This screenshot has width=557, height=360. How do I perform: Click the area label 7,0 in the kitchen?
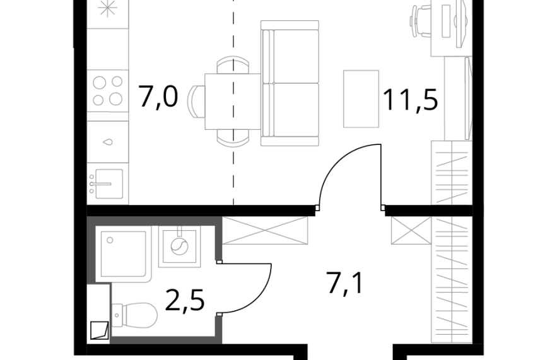[158, 96]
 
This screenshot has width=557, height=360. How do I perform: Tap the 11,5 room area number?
[410, 100]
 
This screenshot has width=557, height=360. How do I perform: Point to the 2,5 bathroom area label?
[185, 300]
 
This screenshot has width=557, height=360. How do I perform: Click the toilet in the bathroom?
[134, 315]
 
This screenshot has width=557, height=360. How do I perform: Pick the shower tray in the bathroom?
[123, 254]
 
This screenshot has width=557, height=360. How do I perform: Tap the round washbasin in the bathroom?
[179, 247]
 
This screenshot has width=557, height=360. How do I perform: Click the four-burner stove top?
[108, 91]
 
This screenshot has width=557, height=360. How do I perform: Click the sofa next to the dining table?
[290, 83]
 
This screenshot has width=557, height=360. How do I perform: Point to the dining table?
[233, 101]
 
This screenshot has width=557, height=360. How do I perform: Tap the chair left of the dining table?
[196, 102]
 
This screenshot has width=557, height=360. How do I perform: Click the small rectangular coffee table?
[361, 99]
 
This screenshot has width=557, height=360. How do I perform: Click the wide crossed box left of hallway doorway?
[265, 230]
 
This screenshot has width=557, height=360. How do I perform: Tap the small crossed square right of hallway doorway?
[411, 230]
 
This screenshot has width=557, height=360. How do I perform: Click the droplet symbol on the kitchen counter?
[108, 142]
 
